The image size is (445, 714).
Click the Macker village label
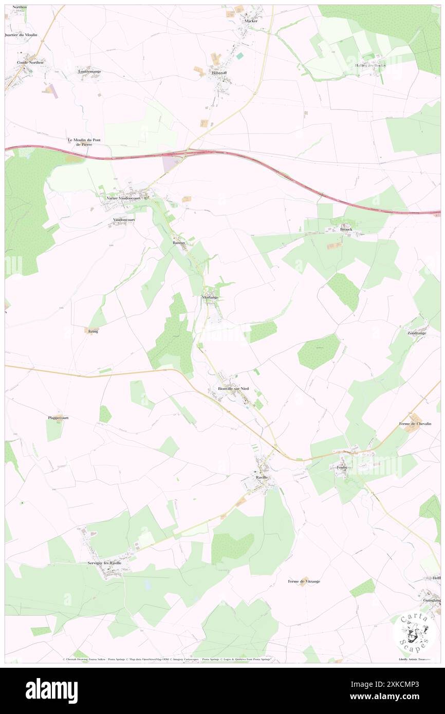coord(251,21)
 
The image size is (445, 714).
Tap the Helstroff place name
coord(219,73)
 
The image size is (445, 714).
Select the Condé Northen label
coord(30,63)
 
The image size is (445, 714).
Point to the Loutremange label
coord(89,67)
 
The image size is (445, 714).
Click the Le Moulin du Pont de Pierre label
coord(84,142)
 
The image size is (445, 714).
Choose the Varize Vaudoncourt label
coord(124,198)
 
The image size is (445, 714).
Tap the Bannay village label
coord(178,243)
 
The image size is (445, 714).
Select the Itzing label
coord(93,331)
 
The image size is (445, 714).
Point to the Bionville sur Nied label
coord(233,389)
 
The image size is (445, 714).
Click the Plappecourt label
coord(59,418)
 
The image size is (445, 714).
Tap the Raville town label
coord(262,478)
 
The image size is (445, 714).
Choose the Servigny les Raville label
coord(104,563)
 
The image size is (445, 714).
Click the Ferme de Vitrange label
coord(304,581)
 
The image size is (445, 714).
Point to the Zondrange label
coord(417,333)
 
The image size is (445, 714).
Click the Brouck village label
coord(346,229)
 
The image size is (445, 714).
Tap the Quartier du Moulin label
coord(18,35)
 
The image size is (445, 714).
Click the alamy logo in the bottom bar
coord(51,691)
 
